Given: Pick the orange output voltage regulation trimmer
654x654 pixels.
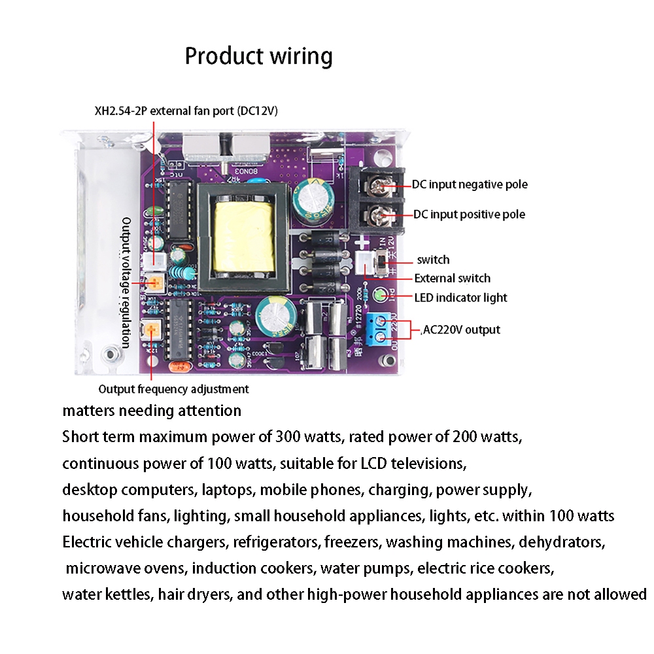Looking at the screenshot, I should [x=156, y=283].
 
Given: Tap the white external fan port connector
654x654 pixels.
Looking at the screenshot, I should [x=156, y=262].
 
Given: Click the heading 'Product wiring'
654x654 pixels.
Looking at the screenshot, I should [x=258, y=56].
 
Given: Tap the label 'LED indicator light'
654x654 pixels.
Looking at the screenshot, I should [x=460, y=298].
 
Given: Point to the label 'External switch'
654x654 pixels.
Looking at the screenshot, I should [x=452, y=279].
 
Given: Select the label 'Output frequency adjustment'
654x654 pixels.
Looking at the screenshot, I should [x=173, y=389].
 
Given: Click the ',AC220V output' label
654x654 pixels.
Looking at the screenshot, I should [x=460, y=330].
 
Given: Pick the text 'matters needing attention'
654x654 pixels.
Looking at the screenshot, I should [x=152, y=411].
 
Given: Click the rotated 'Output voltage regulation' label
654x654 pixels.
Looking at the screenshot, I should [x=126, y=283].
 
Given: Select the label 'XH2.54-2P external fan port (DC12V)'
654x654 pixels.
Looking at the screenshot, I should [x=186, y=111].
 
